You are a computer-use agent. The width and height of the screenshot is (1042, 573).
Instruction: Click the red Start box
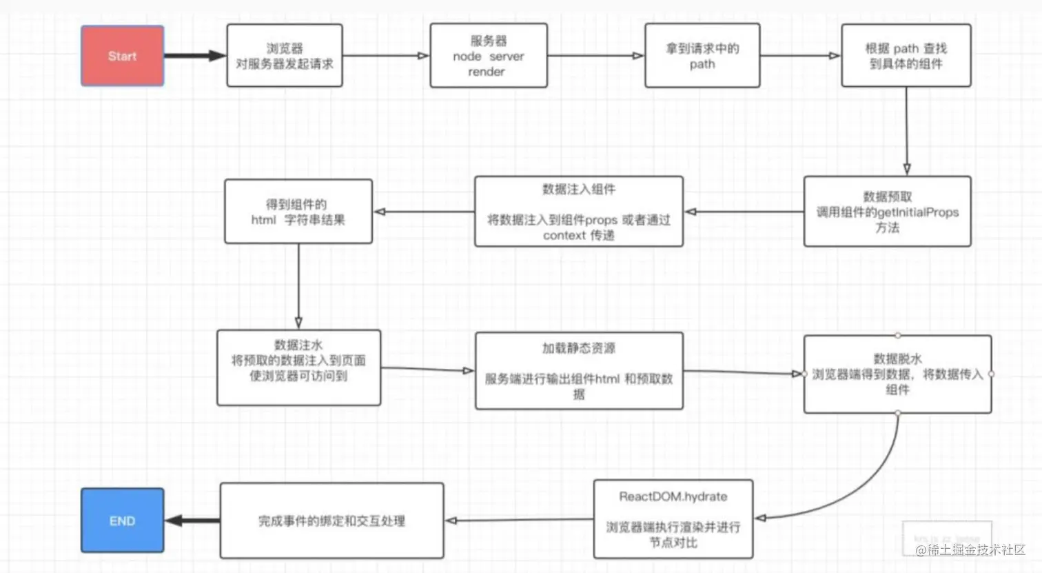point(122,56)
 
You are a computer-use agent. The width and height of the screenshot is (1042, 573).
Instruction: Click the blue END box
point(122,521)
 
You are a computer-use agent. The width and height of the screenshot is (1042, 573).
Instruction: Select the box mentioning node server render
point(488,56)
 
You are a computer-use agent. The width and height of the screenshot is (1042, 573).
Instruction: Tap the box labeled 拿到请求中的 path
point(702,56)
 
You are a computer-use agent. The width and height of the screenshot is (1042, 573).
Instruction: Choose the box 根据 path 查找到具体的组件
point(906,56)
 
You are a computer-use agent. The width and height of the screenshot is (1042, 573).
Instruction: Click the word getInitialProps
point(917,212)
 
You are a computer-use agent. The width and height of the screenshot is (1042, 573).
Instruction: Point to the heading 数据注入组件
point(578,190)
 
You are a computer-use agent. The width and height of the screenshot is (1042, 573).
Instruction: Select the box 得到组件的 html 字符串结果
point(298,212)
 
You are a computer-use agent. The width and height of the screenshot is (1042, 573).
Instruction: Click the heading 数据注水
point(298,345)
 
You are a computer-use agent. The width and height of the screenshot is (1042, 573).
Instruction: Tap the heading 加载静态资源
point(578,348)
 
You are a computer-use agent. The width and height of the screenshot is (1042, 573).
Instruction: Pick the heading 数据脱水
point(897,359)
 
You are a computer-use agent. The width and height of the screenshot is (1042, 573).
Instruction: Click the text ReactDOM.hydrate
point(673,496)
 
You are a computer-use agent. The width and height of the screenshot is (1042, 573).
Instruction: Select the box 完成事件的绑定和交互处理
point(331,521)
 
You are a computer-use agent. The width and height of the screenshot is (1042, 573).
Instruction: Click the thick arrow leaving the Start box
point(194,56)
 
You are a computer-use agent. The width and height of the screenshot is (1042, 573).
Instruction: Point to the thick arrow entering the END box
point(192,521)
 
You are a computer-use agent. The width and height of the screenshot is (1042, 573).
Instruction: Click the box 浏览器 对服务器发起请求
point(284,56)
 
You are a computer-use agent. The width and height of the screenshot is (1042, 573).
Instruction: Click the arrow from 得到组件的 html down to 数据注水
point(298,286)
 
